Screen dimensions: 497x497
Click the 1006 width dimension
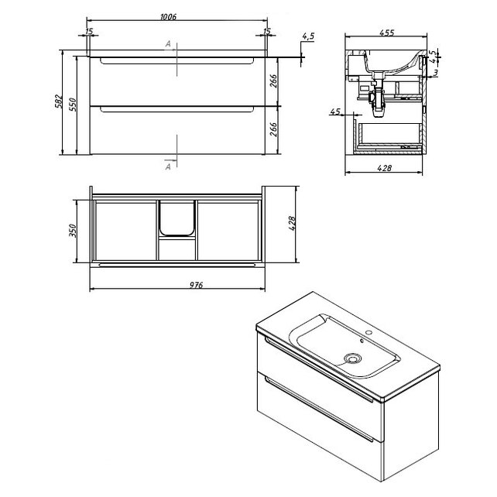(168, 16)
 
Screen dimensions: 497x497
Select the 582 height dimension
(59, 101)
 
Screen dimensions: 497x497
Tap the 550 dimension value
(74, 105)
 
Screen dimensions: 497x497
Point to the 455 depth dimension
(387, 33)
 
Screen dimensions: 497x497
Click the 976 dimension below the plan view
(196, 285)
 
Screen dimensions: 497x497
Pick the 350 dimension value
(73, 231)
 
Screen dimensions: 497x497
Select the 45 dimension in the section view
(334, 111)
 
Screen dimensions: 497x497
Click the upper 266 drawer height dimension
(273, 81)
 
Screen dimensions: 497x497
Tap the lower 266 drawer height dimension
(273, 129)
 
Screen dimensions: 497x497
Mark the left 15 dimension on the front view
(89, 31)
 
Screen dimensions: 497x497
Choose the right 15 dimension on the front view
(267, 31)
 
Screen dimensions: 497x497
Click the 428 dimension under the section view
(385, 168)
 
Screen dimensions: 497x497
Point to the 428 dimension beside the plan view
(292, 223)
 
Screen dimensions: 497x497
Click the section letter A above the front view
(168, 44)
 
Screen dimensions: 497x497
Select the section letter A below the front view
(168, 166)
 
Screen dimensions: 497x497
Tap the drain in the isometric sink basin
(352, 358)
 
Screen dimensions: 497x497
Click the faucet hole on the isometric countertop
(368, 333)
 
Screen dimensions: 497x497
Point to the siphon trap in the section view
(377, 101)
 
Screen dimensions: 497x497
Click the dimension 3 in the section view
(436, 73)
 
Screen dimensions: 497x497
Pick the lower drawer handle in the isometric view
(319, 409)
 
